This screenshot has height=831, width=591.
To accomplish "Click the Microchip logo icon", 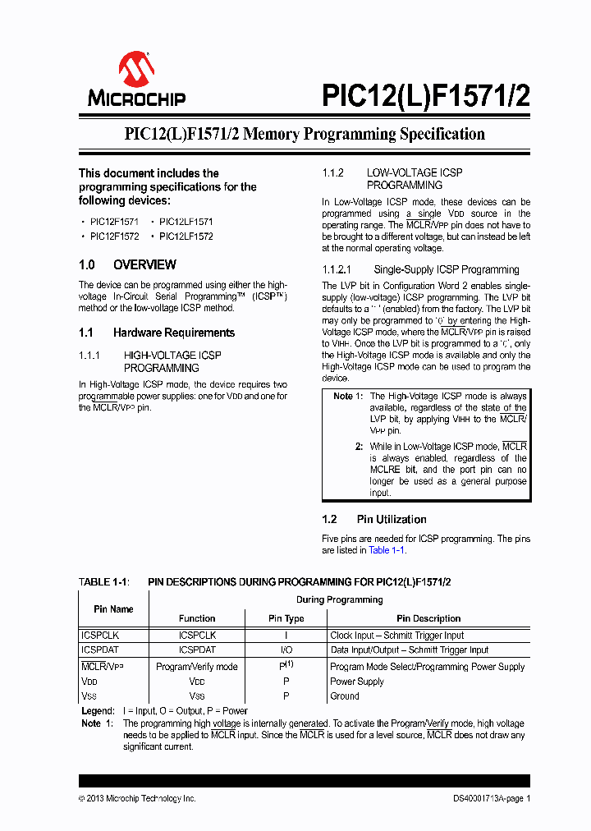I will tap(136, 69).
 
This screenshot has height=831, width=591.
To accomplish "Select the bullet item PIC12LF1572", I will tap(186, 236).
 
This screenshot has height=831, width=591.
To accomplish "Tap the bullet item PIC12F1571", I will tap(114, 222).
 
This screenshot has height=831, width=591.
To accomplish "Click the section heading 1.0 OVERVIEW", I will tap(127, 264).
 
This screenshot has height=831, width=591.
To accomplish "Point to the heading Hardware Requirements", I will tap(173, 333).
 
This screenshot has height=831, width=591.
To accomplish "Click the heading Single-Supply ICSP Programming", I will tap(446, 269).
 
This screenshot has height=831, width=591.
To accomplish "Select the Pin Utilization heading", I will tap(391, 519).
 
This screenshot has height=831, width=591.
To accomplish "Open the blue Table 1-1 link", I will tap(387, 550).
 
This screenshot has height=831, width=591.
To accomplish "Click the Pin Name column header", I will tap(113, 609).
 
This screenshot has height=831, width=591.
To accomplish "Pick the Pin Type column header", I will tap(286, 618).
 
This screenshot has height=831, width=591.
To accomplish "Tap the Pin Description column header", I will tap(428, 618).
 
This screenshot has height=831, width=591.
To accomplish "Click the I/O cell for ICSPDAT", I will tap(286, 650).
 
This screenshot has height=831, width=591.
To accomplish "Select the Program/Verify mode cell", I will tap(197, 667).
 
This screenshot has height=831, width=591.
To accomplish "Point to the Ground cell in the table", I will tap(345, 696).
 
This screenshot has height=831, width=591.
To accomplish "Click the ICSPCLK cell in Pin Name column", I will tap(100, 635).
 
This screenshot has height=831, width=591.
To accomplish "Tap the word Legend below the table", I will tap(98, 711).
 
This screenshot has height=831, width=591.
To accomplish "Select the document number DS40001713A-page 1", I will tap(492, 798).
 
